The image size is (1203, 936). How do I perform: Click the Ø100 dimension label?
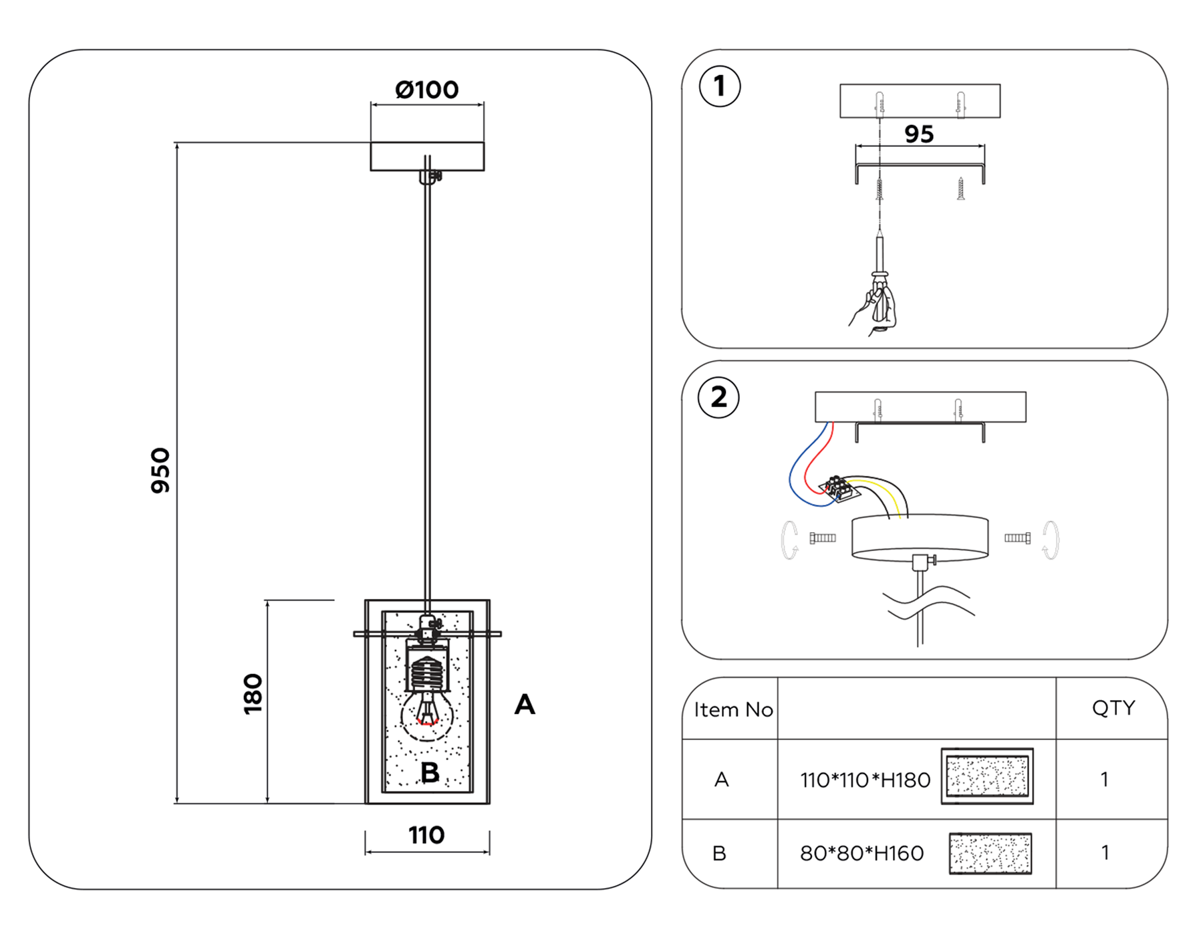click(426, 90)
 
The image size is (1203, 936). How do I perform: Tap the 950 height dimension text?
click(160, 470)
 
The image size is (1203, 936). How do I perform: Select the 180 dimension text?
click(253, 694)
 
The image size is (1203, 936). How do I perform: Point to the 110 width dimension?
click(426, 835)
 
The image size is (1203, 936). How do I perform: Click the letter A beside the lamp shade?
click(525, 705)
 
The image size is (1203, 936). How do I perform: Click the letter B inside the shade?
click(430, 773)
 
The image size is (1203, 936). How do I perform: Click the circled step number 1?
click(719, 86)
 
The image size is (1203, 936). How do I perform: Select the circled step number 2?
click(718, 398)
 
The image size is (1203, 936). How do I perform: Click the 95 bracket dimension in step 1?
click(919, 134)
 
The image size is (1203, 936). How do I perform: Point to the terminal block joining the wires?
click(839, 489)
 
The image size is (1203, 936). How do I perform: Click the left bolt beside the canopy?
click(823, 538)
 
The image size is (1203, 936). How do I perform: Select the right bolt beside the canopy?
click(1017, 538)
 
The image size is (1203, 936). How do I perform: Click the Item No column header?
click(733, 709)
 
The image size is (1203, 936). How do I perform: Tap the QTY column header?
click(1113, 708)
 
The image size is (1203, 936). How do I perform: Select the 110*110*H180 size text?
click(865, 780)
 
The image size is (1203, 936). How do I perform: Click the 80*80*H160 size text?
click(861, 854)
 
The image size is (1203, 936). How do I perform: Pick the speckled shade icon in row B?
click(990, 854)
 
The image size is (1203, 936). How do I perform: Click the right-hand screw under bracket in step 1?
click(960, 189)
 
